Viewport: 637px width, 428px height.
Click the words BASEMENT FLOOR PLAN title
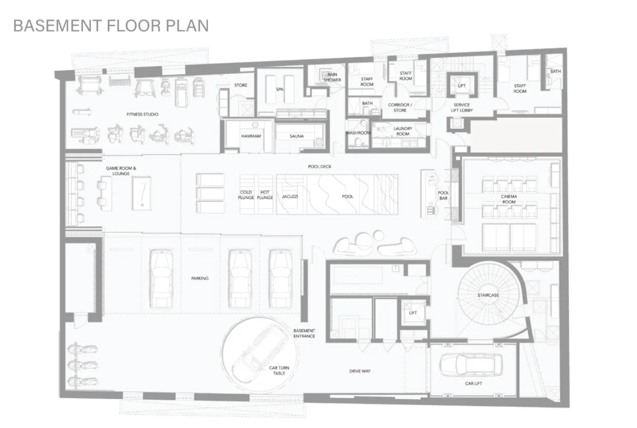(x=111, y=26)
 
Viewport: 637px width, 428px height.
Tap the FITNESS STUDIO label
(x=142, y=114)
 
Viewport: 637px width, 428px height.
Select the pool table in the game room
(x=142, y=193)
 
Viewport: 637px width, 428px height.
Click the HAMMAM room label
(x=251, y=136)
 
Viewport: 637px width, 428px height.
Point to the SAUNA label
(x=297, y=136)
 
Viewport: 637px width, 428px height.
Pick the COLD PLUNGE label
(x=246, y=195)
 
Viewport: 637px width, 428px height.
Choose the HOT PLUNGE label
(x=265, y=195)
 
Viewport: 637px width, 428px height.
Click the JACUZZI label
(x=290, y=196)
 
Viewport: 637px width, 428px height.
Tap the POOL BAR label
(x=443, y=196)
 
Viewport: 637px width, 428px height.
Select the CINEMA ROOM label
(x=509, y=199)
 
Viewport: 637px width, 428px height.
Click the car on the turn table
(x=260, y=351)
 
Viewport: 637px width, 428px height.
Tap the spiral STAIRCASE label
(x=488, y=295)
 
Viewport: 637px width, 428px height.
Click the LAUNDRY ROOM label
(x=402, y=131)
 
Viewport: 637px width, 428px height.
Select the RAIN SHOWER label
(x=332, y=77)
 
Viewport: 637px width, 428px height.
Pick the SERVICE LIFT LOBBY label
(x=462, y=107)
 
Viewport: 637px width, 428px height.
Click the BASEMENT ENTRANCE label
(x=304, y=333)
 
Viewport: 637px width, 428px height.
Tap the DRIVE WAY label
(x=359, y=371)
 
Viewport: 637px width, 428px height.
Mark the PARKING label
(x=199, y=278)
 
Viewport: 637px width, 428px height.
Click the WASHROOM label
(x=358, y=133)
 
